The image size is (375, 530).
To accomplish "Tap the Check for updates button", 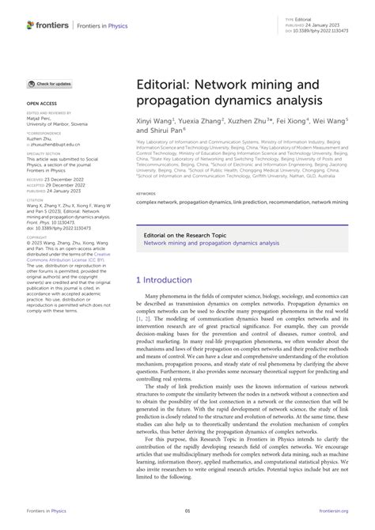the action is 50,84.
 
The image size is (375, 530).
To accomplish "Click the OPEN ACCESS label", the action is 41,104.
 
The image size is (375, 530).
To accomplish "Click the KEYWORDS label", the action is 146,192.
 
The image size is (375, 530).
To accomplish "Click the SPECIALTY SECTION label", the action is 44,155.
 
